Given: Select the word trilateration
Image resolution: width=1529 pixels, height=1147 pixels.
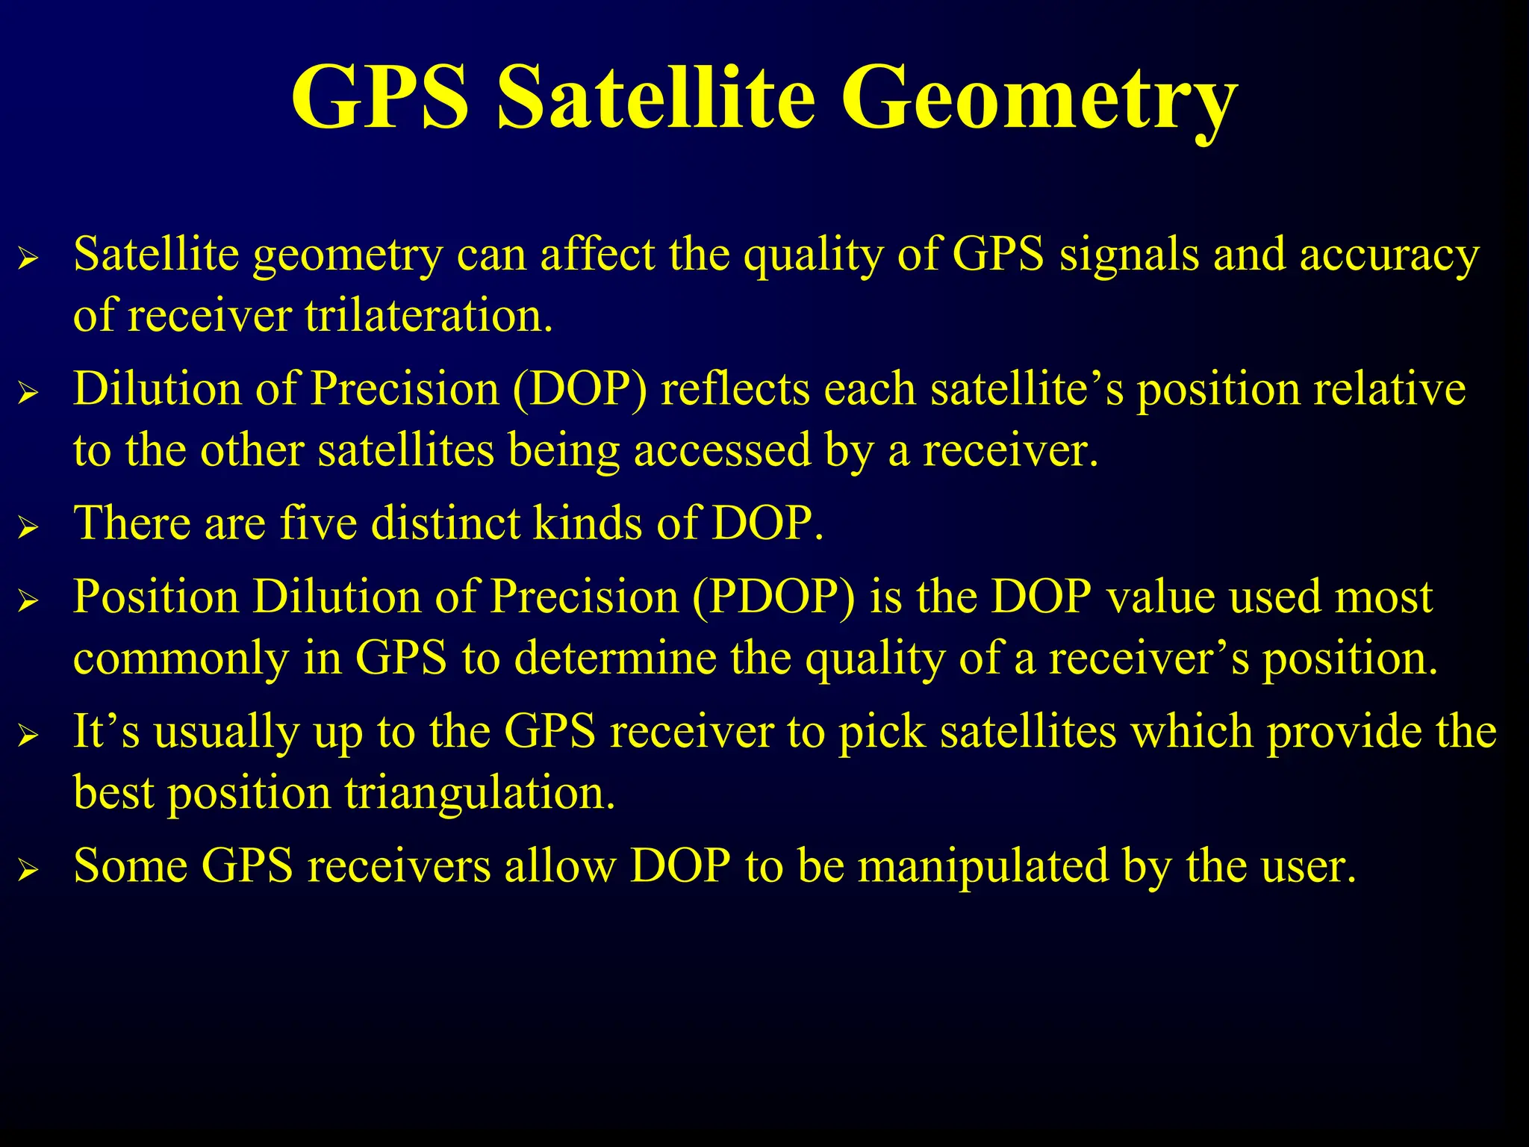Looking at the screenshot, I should click(428, 316).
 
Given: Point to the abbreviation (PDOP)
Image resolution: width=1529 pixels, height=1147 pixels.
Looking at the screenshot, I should click(773, 597).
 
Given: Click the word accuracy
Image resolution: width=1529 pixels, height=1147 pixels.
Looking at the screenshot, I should click(1389, 256).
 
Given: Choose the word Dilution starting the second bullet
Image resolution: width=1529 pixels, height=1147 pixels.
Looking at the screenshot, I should click(158, 390).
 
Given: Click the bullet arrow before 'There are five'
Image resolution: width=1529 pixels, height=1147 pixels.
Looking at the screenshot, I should click(28, 528).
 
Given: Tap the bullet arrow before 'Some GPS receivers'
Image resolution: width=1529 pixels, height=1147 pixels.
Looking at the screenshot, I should click(28, 871).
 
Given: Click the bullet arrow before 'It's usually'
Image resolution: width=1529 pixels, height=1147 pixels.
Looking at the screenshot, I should click(28, 736).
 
